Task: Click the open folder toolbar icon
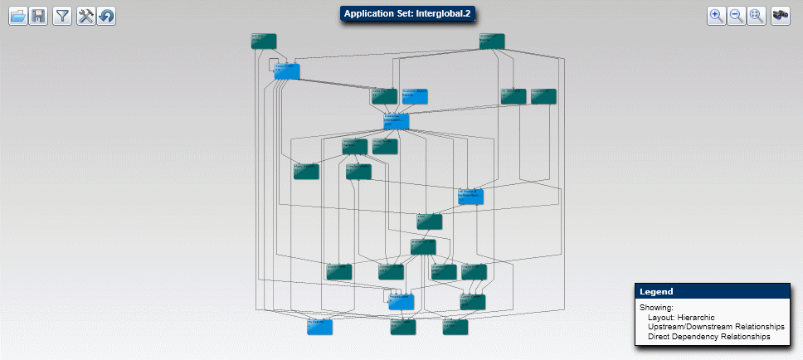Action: (18, 16)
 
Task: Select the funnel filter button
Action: (61, 16)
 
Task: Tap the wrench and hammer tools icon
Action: (85, 16)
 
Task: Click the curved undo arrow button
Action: (106, 16)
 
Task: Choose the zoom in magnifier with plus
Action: (717, 16)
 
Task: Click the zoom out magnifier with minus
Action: (737, 16)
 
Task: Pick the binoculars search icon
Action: (780, 16)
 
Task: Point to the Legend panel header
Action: (714, 292)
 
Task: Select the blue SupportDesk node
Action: (286, 71)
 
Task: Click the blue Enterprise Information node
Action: (397, 122)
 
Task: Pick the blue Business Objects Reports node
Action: (415, 96)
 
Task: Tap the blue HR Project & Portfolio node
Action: (470, 197)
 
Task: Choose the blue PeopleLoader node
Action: (401, 301)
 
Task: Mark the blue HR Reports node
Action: (319, 327)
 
